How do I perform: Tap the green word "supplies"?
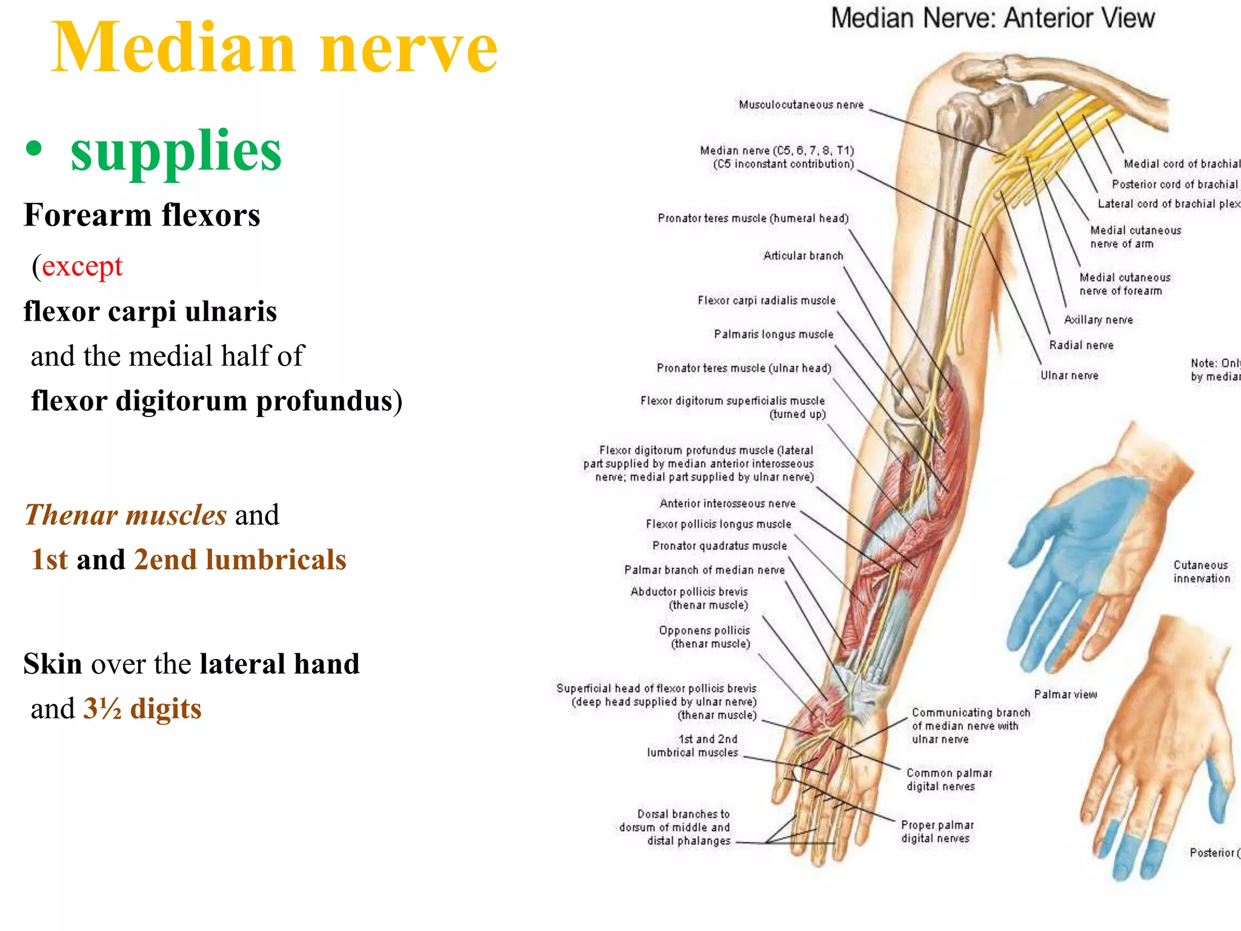coord(176,152)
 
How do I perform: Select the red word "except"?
coord(82,266)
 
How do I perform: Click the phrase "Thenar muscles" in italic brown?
coord(126,515)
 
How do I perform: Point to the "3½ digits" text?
coord(142,709)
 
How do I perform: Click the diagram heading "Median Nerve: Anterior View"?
coord(993,18)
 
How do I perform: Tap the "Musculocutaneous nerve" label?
coord(801,105)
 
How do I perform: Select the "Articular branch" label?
coord(803,256)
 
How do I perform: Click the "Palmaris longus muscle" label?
coord(773,335)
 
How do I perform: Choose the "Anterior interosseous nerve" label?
coord(727,504)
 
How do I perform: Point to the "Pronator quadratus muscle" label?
coord(719,546)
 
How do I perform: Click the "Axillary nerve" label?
coord(1098,320)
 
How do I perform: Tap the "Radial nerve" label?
coord(1081,345)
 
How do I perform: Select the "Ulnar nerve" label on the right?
coord(1069,376)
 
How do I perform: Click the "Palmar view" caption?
coord(1065,695)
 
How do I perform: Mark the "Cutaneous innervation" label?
coord(1201,572)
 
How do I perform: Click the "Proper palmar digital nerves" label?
coord(937,832)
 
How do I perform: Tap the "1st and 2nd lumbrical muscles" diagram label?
coord(693,746)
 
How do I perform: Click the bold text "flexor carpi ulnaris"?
coord(150,312)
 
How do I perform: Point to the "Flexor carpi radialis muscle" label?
coord(766,301)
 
